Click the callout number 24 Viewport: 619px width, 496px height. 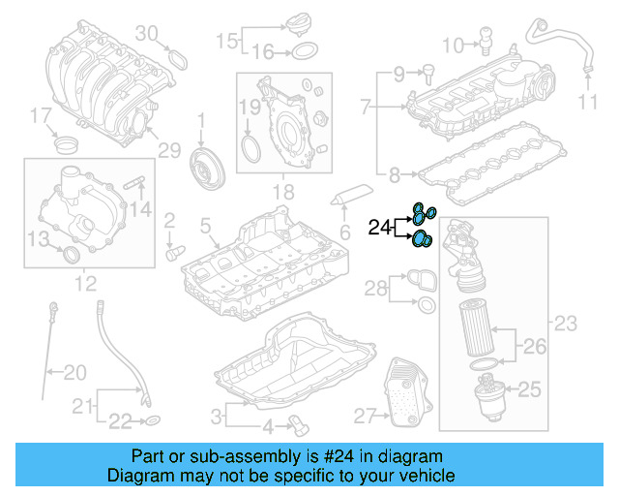click(378, 229)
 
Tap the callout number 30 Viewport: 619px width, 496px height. click(146, 34)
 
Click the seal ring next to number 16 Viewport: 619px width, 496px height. click(303, 51)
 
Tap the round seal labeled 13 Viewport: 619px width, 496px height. click(70, 255)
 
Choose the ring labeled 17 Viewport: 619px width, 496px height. click(68, 146)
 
